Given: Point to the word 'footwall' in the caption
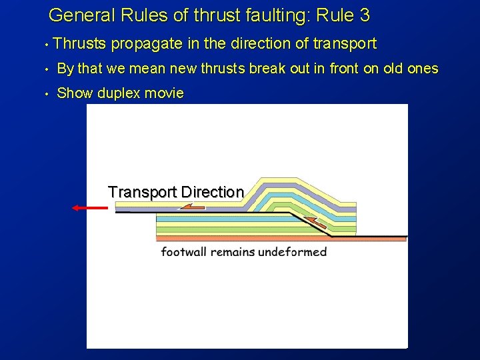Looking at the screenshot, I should point(184,252).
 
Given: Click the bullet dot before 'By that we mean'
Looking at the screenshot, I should point(45,69).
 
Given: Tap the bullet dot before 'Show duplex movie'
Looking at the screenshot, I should point(45,94).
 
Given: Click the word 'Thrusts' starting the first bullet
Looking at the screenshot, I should point(80,44).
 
